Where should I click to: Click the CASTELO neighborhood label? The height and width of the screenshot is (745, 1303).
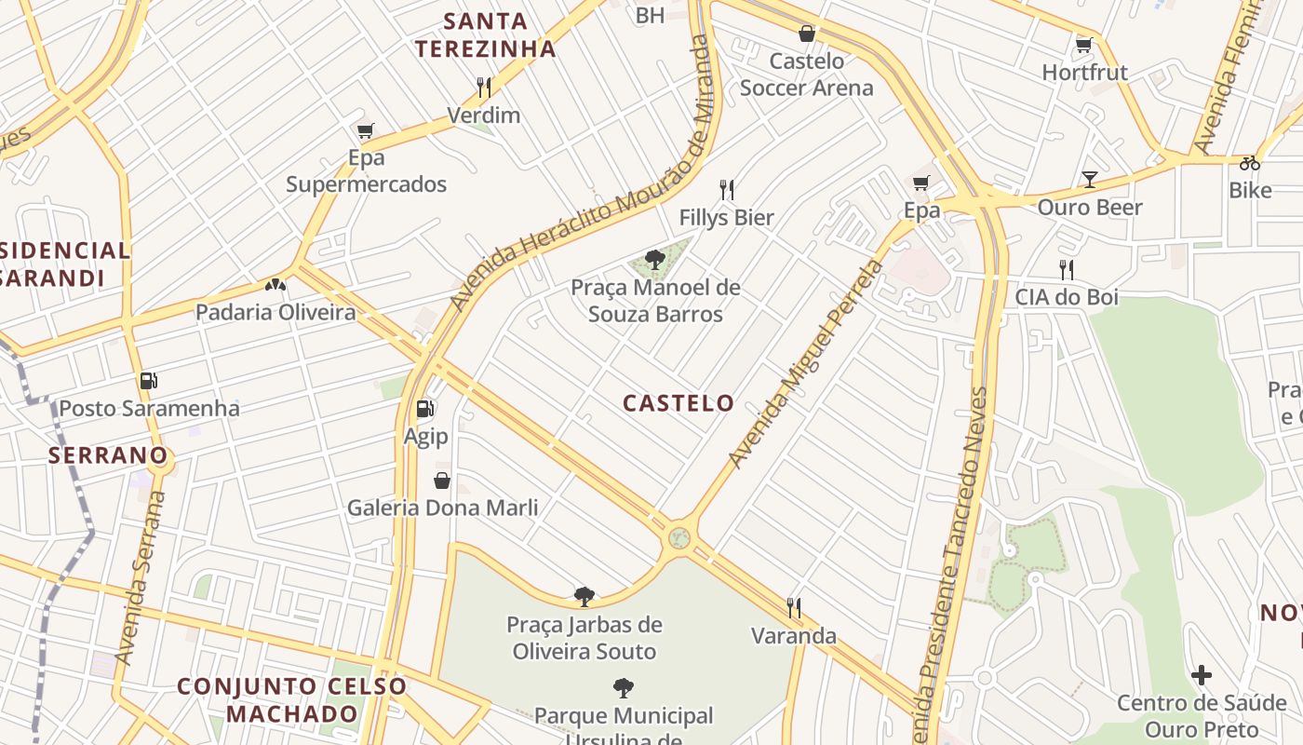click(x=678, y=403)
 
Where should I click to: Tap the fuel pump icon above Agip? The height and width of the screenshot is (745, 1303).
click(x=424, y=408)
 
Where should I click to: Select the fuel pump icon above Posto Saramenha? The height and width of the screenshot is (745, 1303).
click(x=148, y=380)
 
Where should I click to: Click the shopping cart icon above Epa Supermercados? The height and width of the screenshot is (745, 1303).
click(x=365, y=131)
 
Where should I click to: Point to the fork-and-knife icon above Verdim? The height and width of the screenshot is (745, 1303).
click(x=483, y=88)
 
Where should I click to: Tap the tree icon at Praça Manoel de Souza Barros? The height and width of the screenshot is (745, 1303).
click(x=655, y=259)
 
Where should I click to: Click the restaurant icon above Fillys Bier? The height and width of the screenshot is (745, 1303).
click(x=727, y=190)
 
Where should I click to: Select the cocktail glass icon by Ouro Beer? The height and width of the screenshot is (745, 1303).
click(x=1090, y=179)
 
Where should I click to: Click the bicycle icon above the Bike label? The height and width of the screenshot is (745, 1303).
click(x=1249, y=163)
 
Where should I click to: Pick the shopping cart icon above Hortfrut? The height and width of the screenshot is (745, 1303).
click(x=1083, y=45)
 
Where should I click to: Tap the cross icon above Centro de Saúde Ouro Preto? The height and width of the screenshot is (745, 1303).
click(x=1202, y=675)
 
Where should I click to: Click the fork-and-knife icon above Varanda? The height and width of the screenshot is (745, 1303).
click(x=794, y=608)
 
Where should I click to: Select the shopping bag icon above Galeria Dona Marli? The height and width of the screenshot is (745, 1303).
click(x=442, y=481)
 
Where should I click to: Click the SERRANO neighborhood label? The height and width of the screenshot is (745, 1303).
click(x=108, y=455)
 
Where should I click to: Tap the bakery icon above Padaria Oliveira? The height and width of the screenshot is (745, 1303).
click(x=275, y=284)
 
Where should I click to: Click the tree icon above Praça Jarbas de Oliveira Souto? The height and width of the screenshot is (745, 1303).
click(x=584, y=596)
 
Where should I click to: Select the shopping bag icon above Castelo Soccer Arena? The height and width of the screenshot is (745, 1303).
click(x=807, y=34)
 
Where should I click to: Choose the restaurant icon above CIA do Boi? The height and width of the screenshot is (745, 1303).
click(x=1066, y=270)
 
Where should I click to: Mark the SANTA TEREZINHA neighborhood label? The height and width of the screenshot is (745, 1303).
click(x=485, y=34)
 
